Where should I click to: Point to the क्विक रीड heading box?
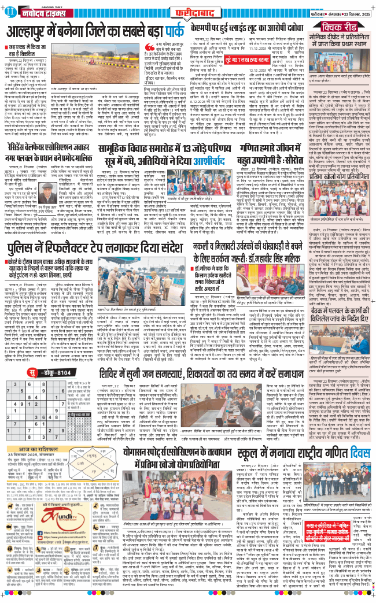point(345,27)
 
